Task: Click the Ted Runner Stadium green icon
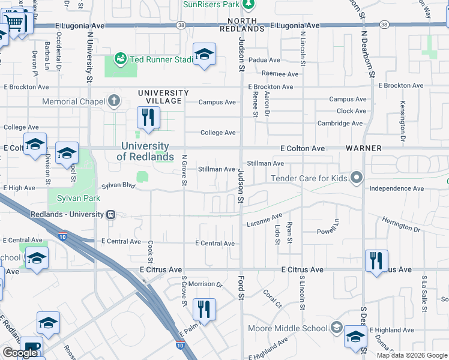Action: [120, 59]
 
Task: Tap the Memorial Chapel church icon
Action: [114, 101]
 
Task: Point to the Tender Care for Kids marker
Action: [357, 178]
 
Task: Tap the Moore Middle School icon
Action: [336, 328]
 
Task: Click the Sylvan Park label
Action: [78, 198]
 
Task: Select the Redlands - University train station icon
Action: [110, 215]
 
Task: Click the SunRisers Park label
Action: [211, 5]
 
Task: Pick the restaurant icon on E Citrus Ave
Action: [376, 260]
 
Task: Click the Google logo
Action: [20, 353]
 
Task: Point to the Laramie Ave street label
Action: [264, 220]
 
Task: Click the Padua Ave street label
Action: [265, 60]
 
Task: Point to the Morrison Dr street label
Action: [205, 284]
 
